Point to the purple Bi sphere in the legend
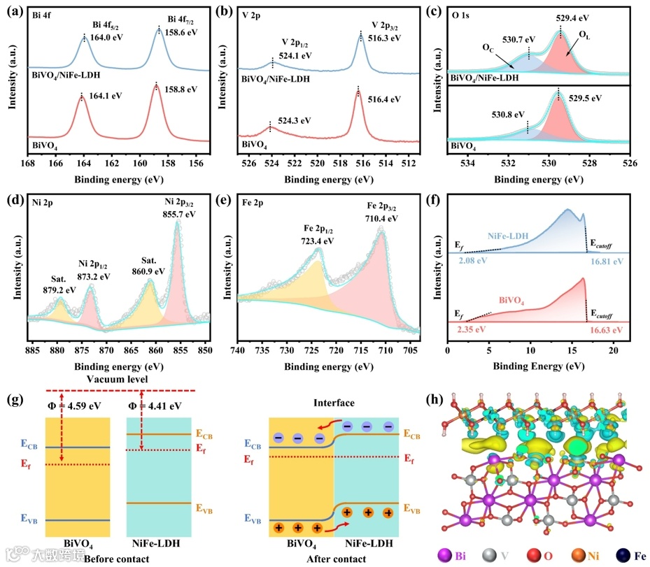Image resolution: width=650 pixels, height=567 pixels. tap(444, 556)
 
